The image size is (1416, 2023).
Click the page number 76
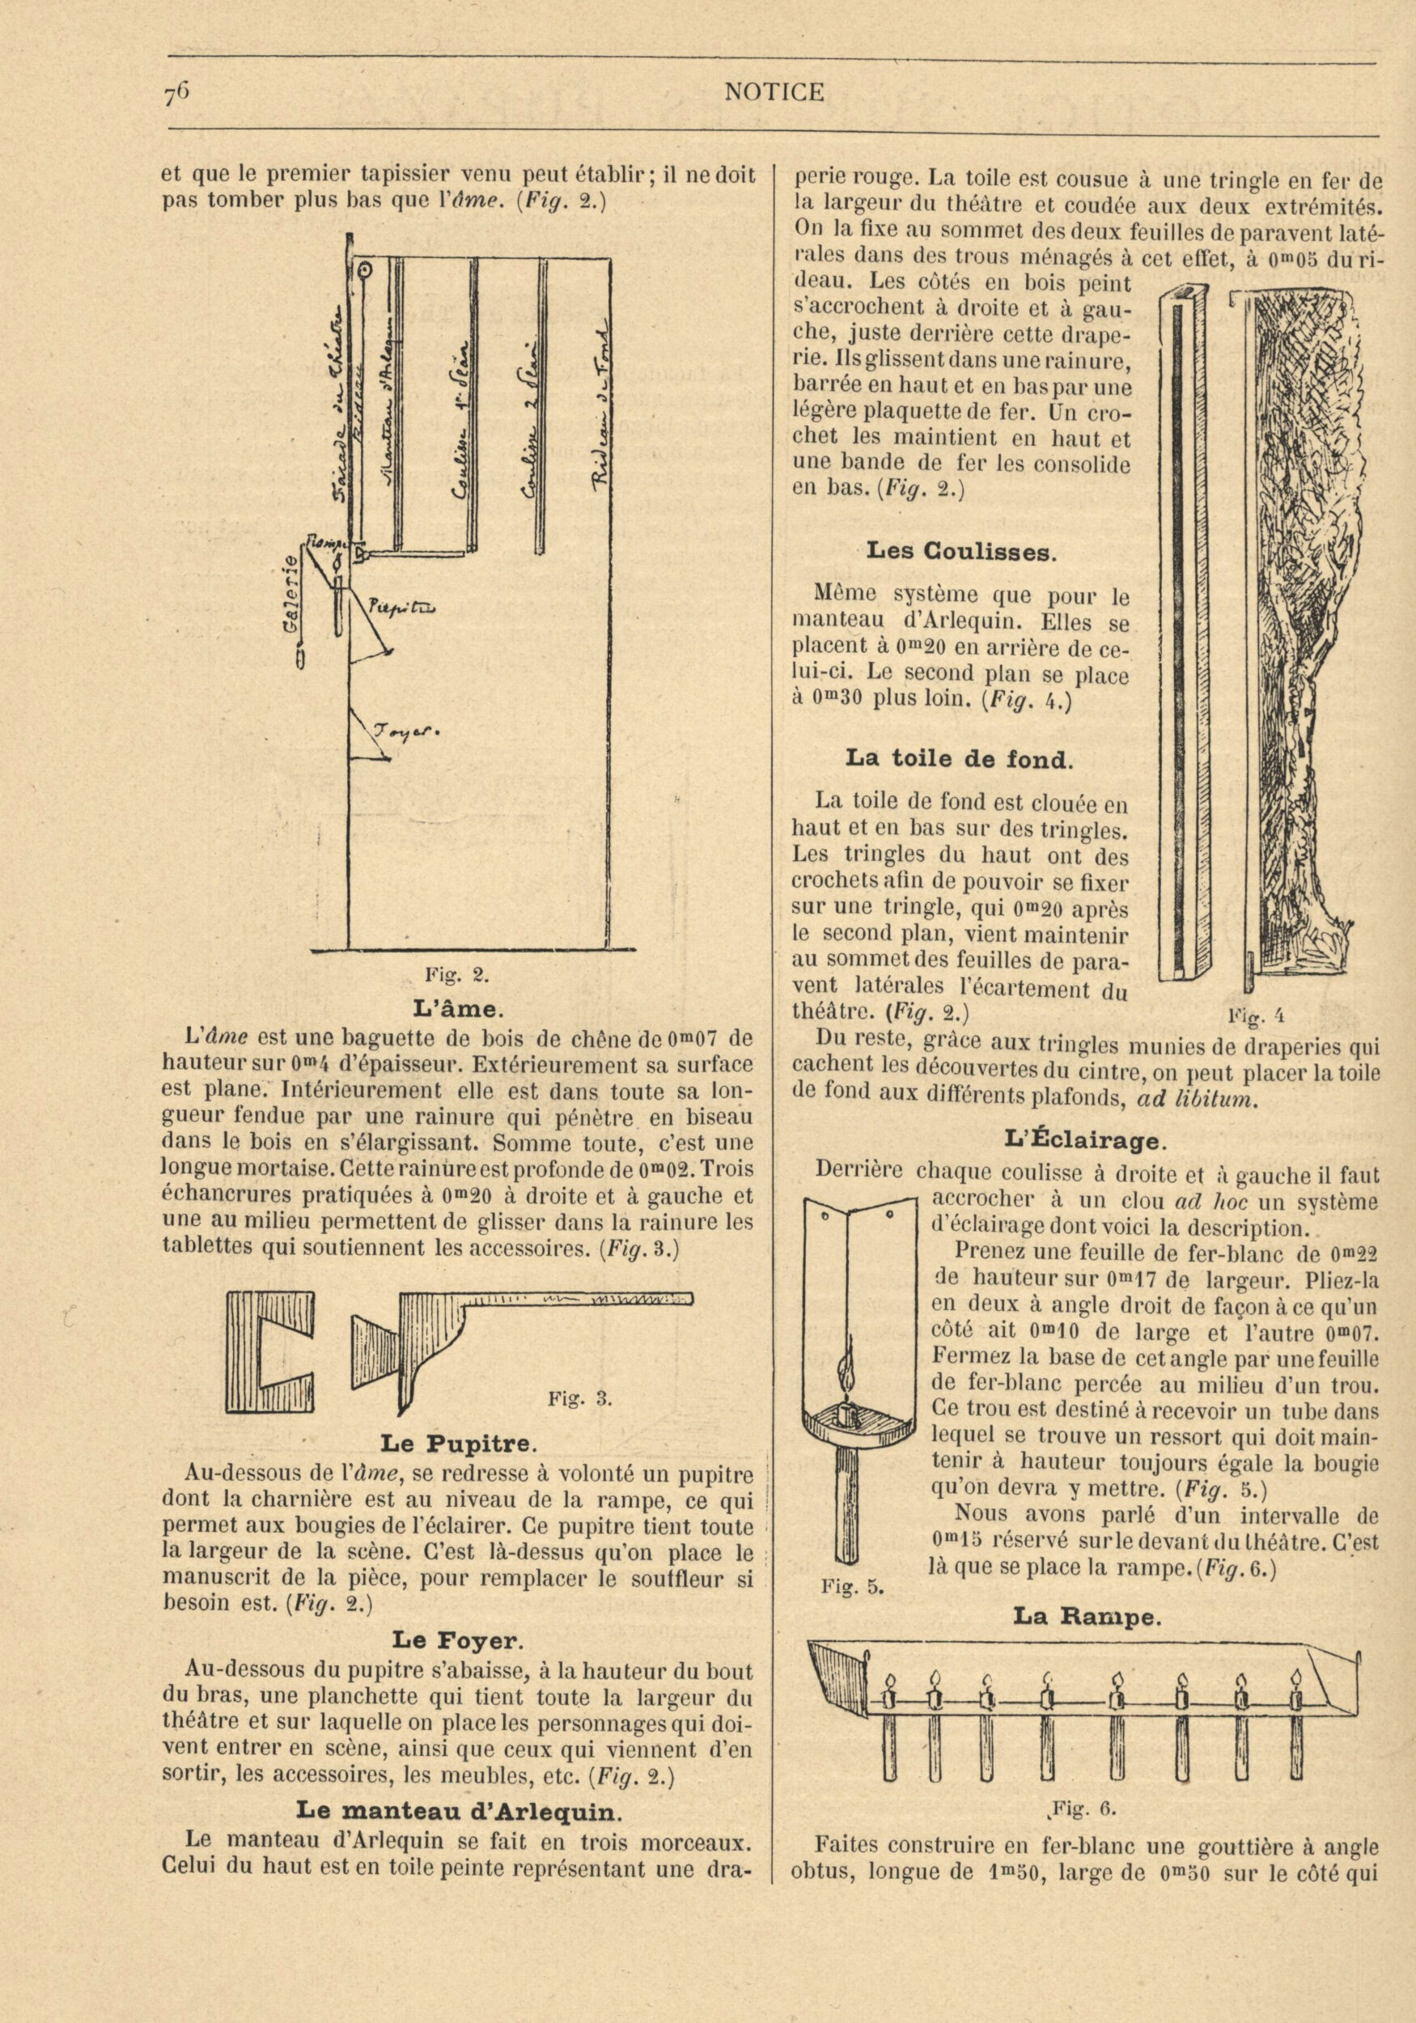[177, 93]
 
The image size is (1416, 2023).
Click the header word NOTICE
[774, 92]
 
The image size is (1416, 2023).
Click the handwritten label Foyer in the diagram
[406, 733]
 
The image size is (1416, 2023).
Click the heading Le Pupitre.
[457, 1445]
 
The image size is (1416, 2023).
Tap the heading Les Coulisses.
[960, 553]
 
